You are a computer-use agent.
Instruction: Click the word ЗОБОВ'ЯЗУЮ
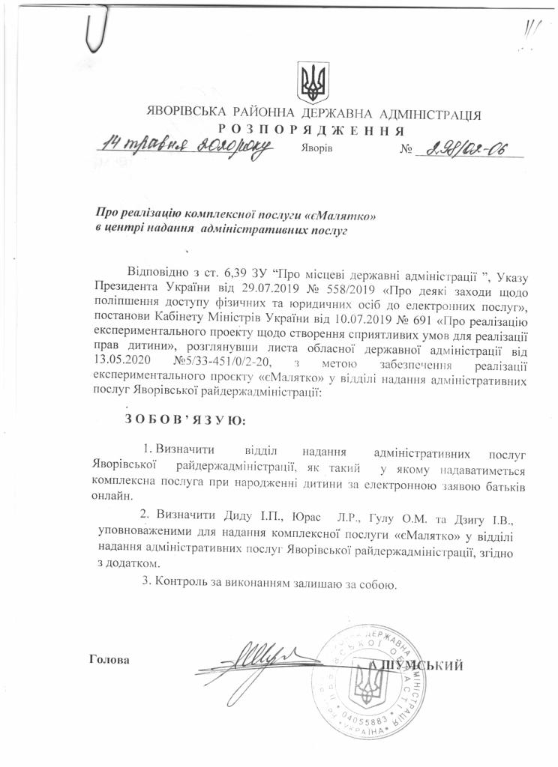click(184, 419)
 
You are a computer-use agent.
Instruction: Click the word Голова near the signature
click(109, 660)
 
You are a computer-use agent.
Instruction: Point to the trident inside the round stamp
click(369, 684)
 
